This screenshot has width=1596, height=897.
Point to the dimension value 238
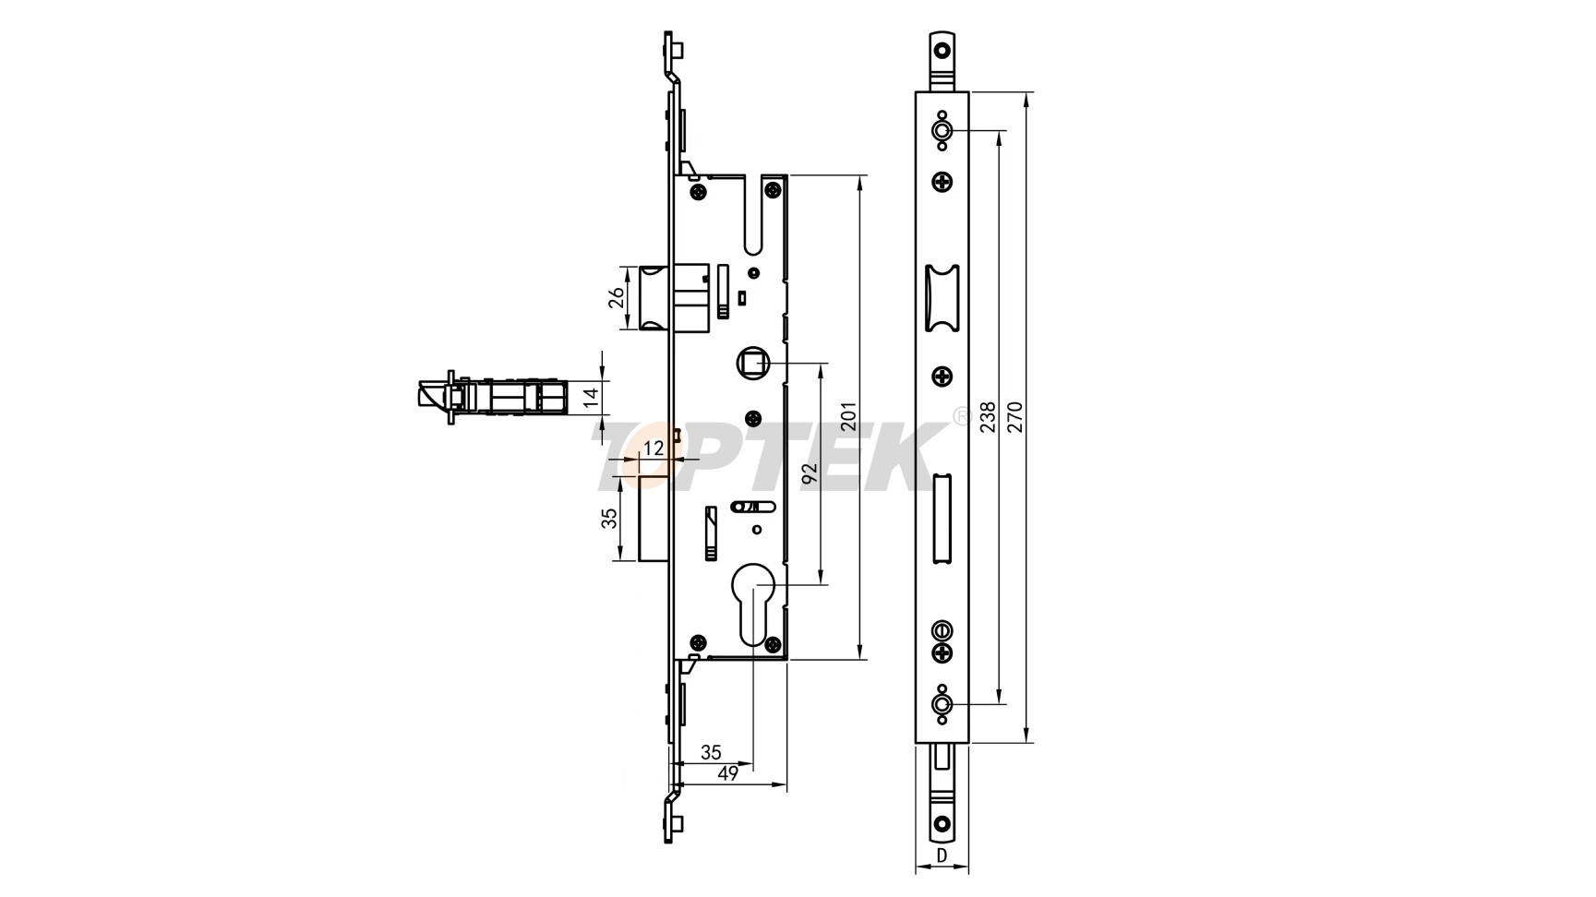987,416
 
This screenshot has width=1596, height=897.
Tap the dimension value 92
810,474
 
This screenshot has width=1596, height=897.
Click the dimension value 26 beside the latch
618,296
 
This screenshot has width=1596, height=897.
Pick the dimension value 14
592,398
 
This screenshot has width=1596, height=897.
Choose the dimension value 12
653,448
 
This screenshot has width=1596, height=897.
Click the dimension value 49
727,773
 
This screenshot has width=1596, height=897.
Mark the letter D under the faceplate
942,855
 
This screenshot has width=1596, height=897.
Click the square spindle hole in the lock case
752,363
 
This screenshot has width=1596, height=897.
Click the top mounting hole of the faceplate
942,131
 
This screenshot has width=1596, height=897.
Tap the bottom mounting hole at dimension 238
942,704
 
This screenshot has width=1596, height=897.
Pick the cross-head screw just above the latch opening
942,182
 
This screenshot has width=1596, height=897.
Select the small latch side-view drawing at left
489,398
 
